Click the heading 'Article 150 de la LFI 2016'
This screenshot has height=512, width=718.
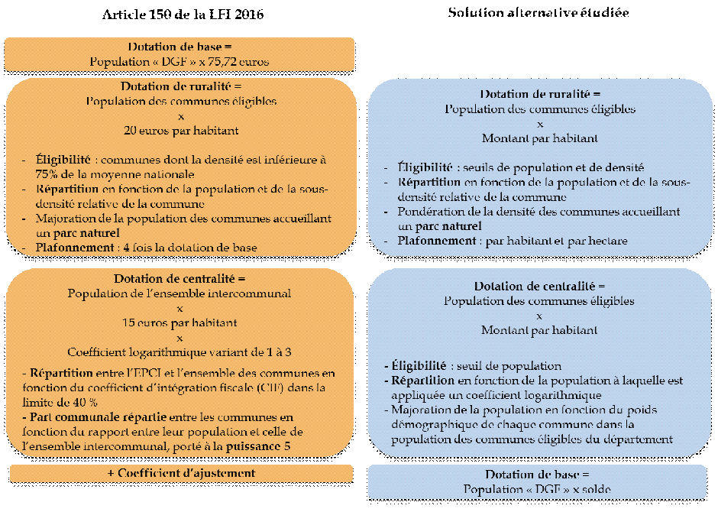(183, 15)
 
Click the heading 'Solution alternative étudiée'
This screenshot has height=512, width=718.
(538, 13)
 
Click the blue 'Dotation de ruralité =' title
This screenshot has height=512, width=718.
(539, 94)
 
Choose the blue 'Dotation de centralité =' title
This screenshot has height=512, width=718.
(539, 287)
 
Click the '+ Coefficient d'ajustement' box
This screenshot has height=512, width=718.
(181, 474)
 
